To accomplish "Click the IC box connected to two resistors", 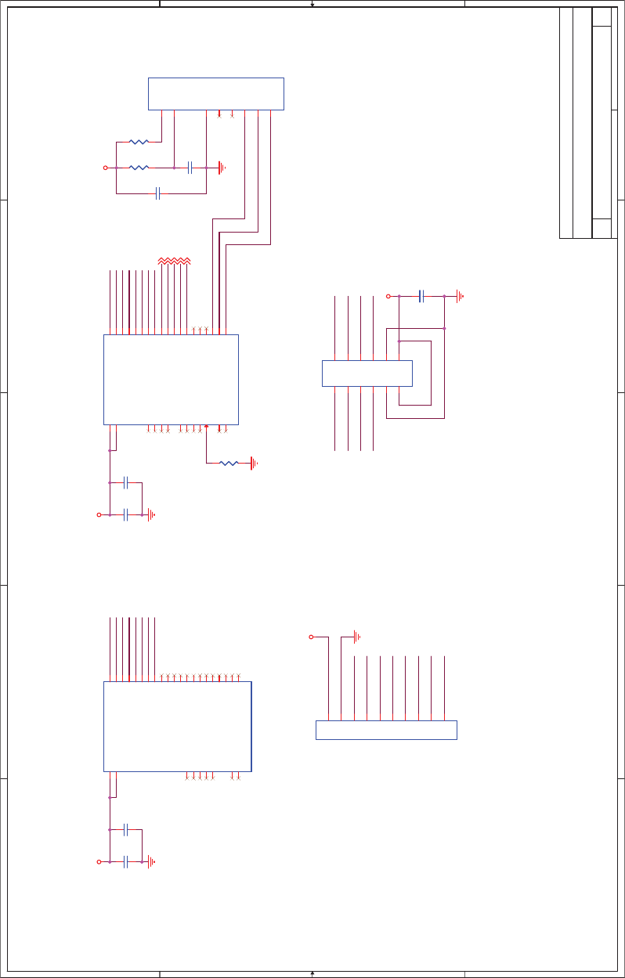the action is coord(215,94).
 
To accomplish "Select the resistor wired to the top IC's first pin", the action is coord(139,142).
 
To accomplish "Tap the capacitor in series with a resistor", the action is coord(190,168).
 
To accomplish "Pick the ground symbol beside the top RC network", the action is coord(222,168).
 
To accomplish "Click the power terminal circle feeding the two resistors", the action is coord(106,168).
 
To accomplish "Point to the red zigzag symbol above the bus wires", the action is coord(174,260).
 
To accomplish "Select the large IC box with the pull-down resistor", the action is coord(171,380).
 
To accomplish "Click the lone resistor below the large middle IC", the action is coord(229,464).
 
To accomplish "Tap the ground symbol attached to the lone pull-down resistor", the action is coord(253,464).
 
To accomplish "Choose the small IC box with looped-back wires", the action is coord(367,373).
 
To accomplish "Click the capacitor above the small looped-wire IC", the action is coord(421,296).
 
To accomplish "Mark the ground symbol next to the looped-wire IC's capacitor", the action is coord(460,296).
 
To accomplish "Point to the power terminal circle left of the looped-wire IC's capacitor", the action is coord(388,296).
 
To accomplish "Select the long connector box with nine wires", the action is coord(386,730).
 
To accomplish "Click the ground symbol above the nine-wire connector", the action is coord(356,636).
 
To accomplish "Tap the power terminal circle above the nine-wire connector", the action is coord(311,637).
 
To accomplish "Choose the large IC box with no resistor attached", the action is coord(177,727).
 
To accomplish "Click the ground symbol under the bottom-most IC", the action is coord(151,861).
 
